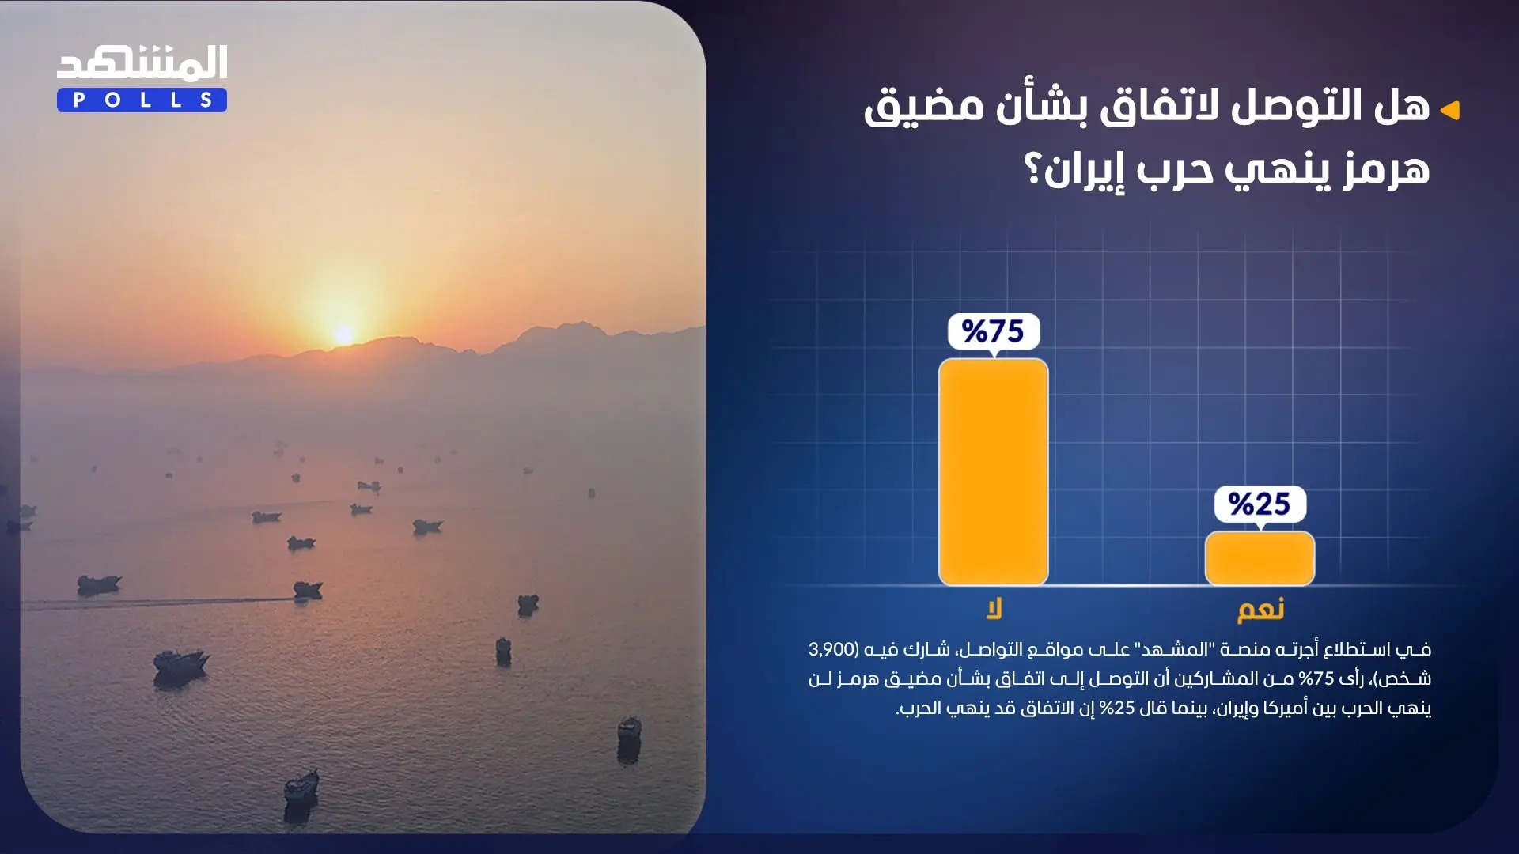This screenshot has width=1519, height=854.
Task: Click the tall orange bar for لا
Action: click(993, 472)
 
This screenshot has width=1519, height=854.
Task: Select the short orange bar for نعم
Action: click(1260, 558)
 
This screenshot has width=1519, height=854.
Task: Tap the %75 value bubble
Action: click(994, 331)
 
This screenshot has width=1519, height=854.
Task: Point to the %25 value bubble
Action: click(1260, 504)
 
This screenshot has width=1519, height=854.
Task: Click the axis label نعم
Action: click(1260, 609)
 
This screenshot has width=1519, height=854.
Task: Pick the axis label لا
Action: click(994, 608)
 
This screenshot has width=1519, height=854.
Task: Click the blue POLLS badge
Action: click(142, 100)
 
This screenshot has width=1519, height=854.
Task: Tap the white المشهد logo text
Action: click(142, 63)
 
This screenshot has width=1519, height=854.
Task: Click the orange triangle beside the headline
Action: click(1449, 110)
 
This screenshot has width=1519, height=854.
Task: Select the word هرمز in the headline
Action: click(1386, 170)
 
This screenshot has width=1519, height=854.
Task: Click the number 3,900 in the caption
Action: click(831, 649)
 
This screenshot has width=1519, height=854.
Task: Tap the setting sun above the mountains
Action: click(344, 334)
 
